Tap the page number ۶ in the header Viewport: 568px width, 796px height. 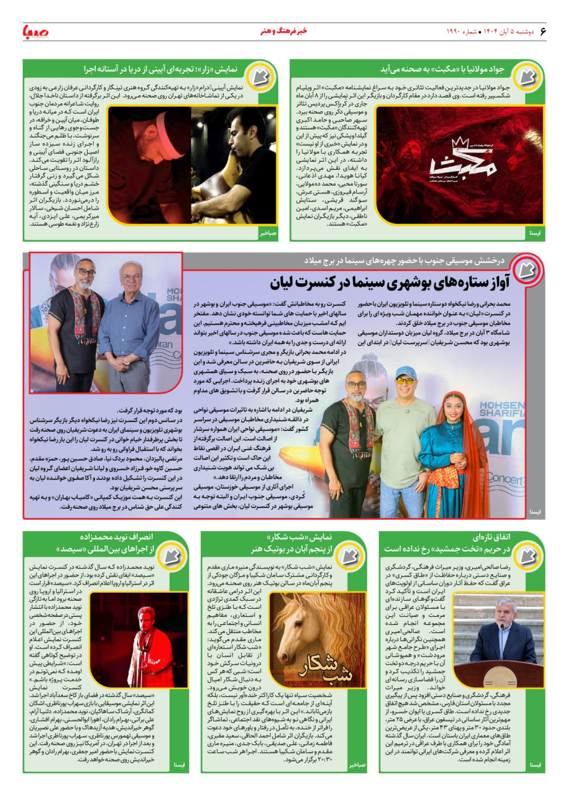click(x=543, y=31)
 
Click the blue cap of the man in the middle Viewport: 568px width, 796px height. click(x=406, y=371)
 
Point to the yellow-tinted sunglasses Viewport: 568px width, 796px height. click(x=406, y=380)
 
